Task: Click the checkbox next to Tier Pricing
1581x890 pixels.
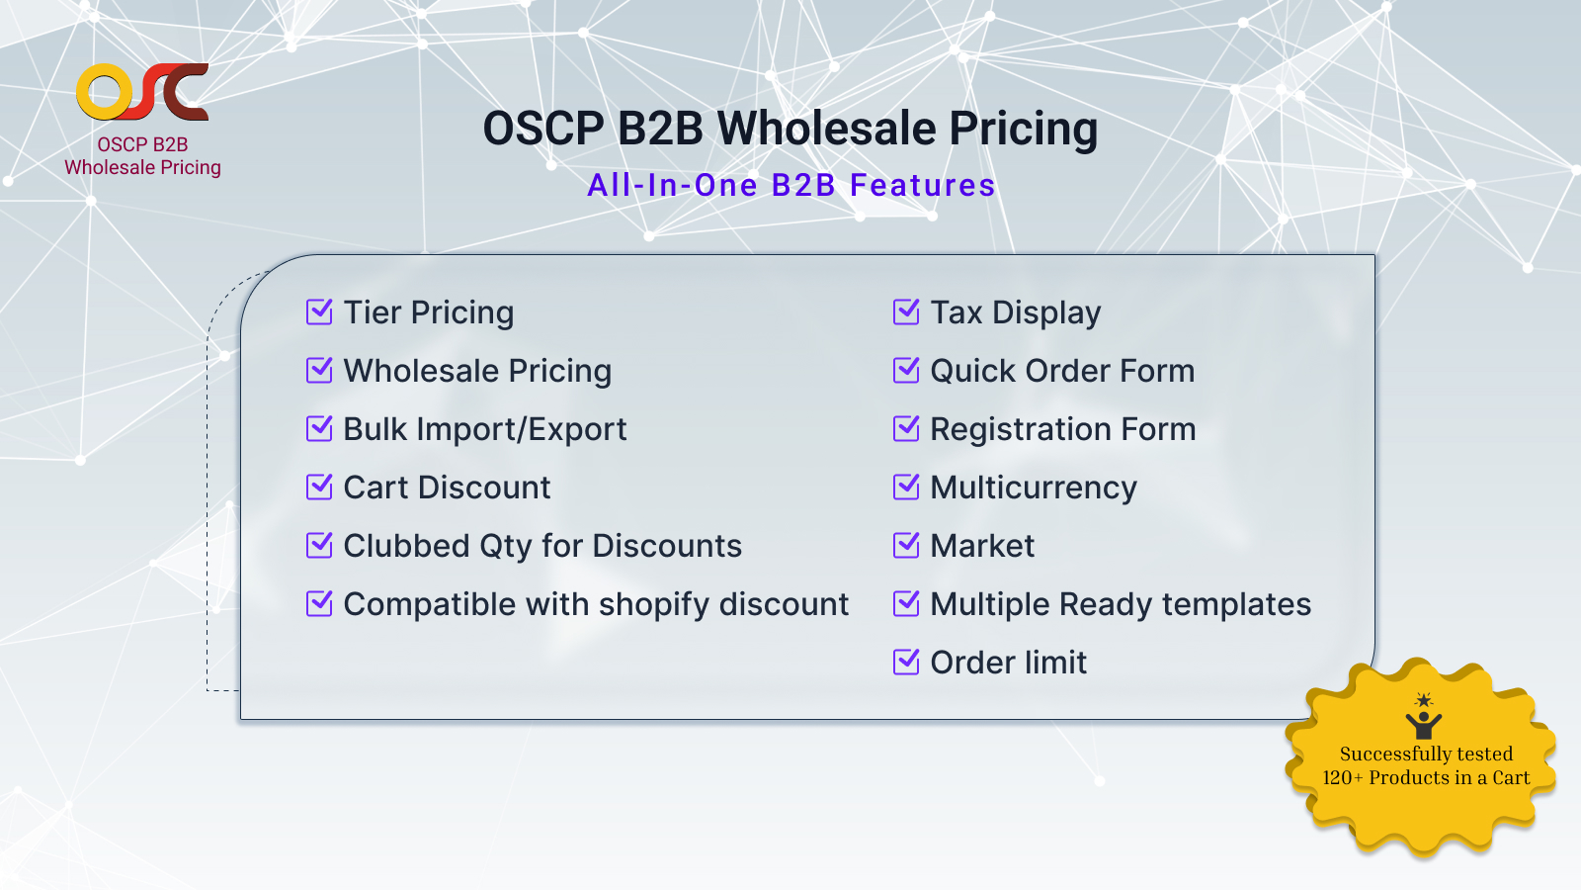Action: point(319,312)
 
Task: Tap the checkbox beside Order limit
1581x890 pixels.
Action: point(906,663)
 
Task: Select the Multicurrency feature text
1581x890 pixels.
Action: point(1034,488)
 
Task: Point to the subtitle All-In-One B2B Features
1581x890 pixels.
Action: point(790,185)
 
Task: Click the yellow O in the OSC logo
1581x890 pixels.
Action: point(104,93)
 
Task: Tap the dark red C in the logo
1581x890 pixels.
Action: point(185,92)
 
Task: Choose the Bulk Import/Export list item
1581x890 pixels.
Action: point(484,429)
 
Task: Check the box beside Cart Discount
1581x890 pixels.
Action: point(319,488)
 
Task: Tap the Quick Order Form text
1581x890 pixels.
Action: point(1062,371)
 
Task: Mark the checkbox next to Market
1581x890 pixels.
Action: point(906,546)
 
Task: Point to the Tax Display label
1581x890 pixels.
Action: point(1015,312)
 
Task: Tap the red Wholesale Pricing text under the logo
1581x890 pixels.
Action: point(142,167)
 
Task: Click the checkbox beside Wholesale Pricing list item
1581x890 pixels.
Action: point(319,371)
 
